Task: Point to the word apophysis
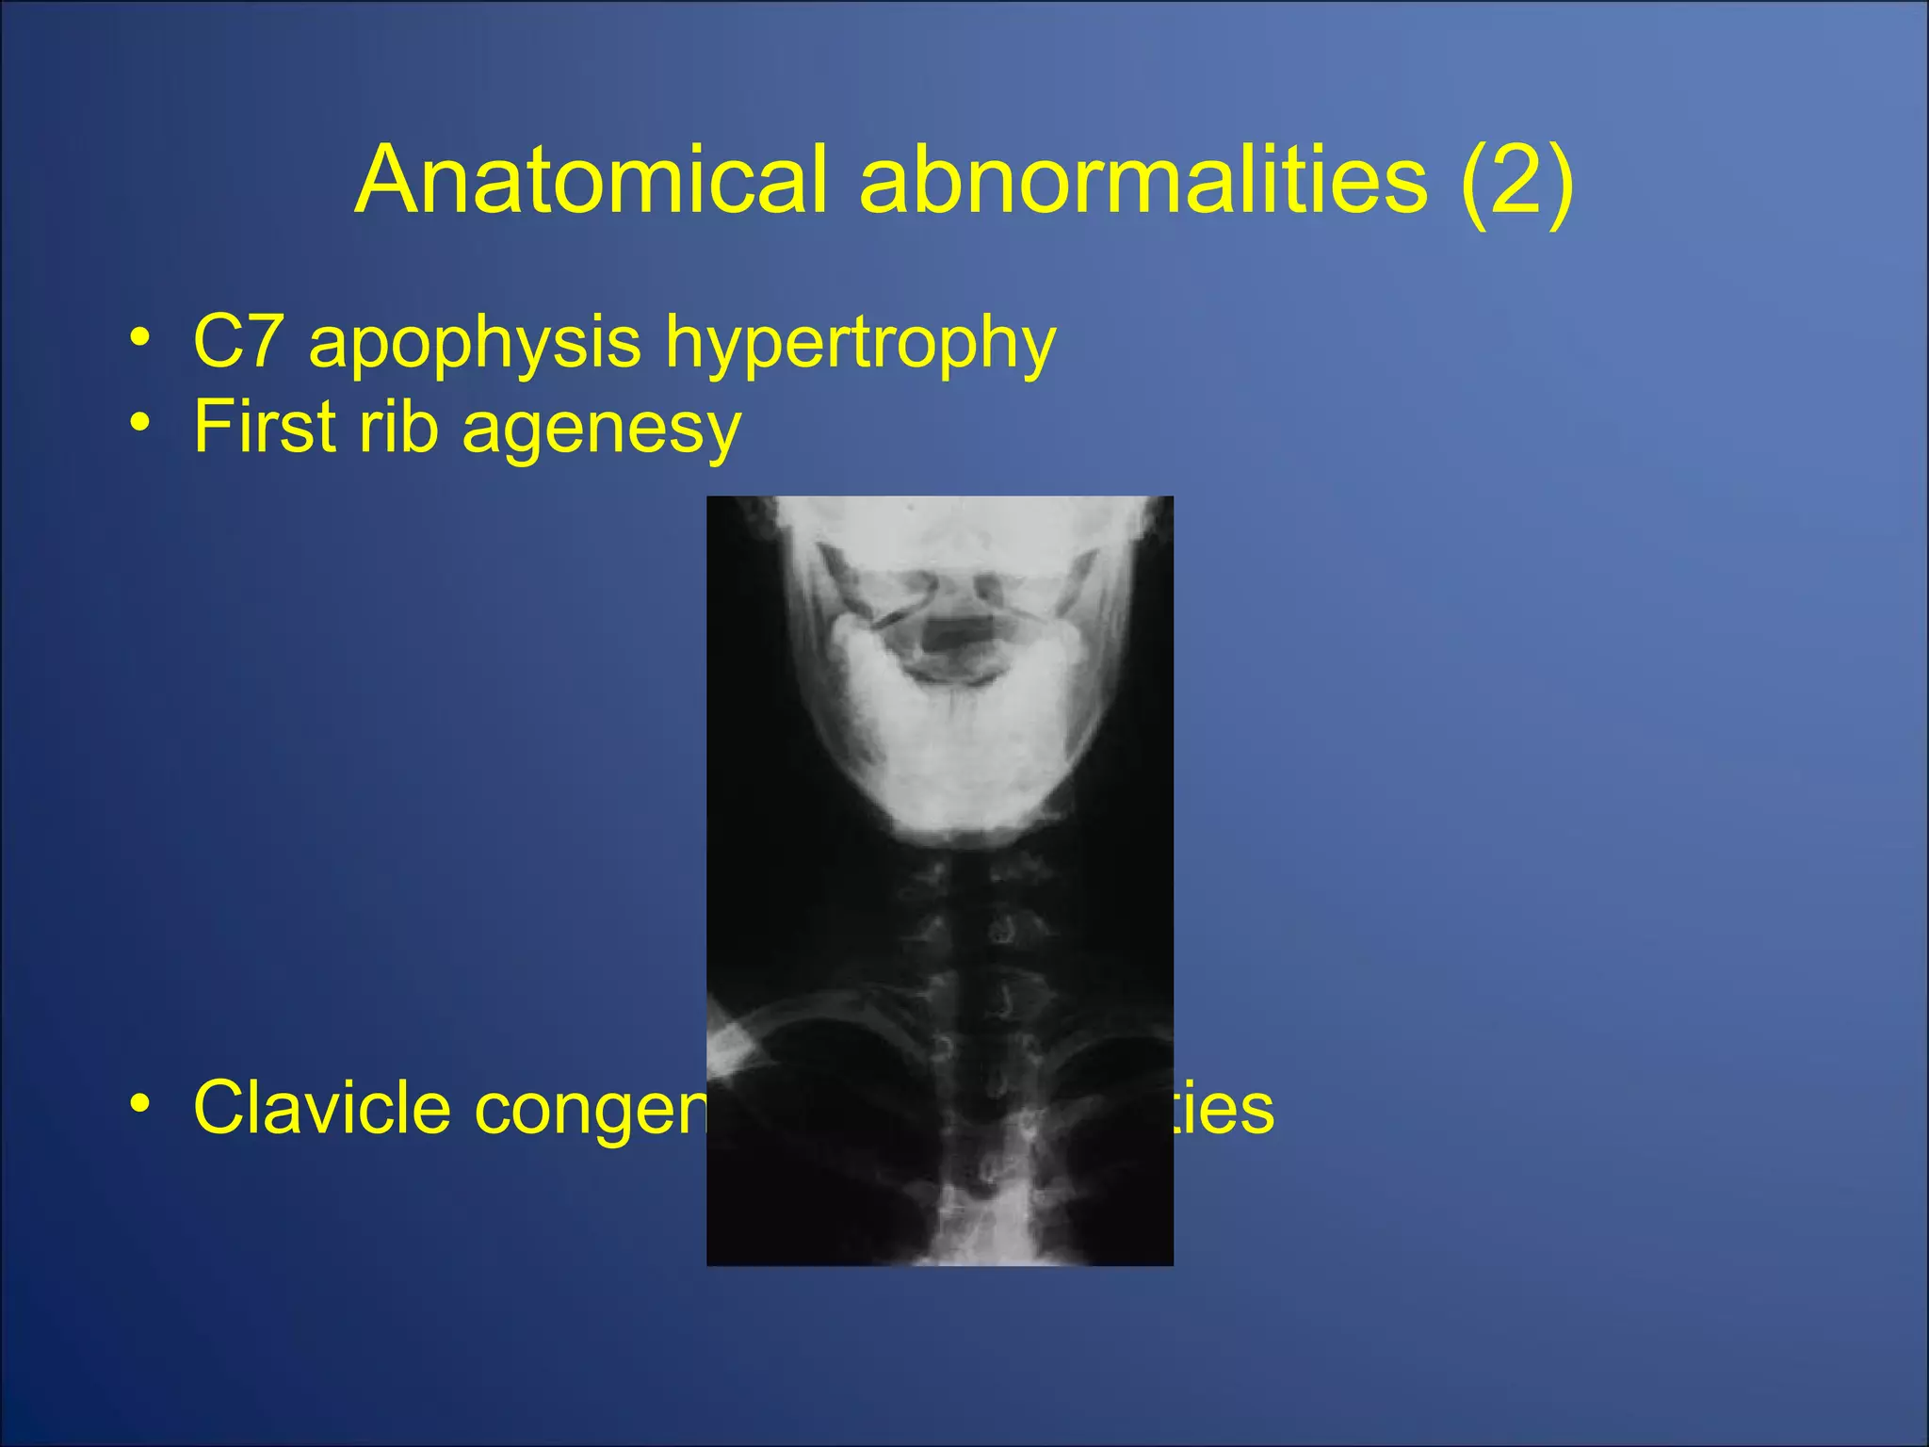coord(475,344)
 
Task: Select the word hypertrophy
coord(860,344)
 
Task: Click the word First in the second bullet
coord(264,426)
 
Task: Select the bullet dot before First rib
coord(140,423)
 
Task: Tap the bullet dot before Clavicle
coord(140,1103)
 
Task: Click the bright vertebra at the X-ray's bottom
coord(980,1225)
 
